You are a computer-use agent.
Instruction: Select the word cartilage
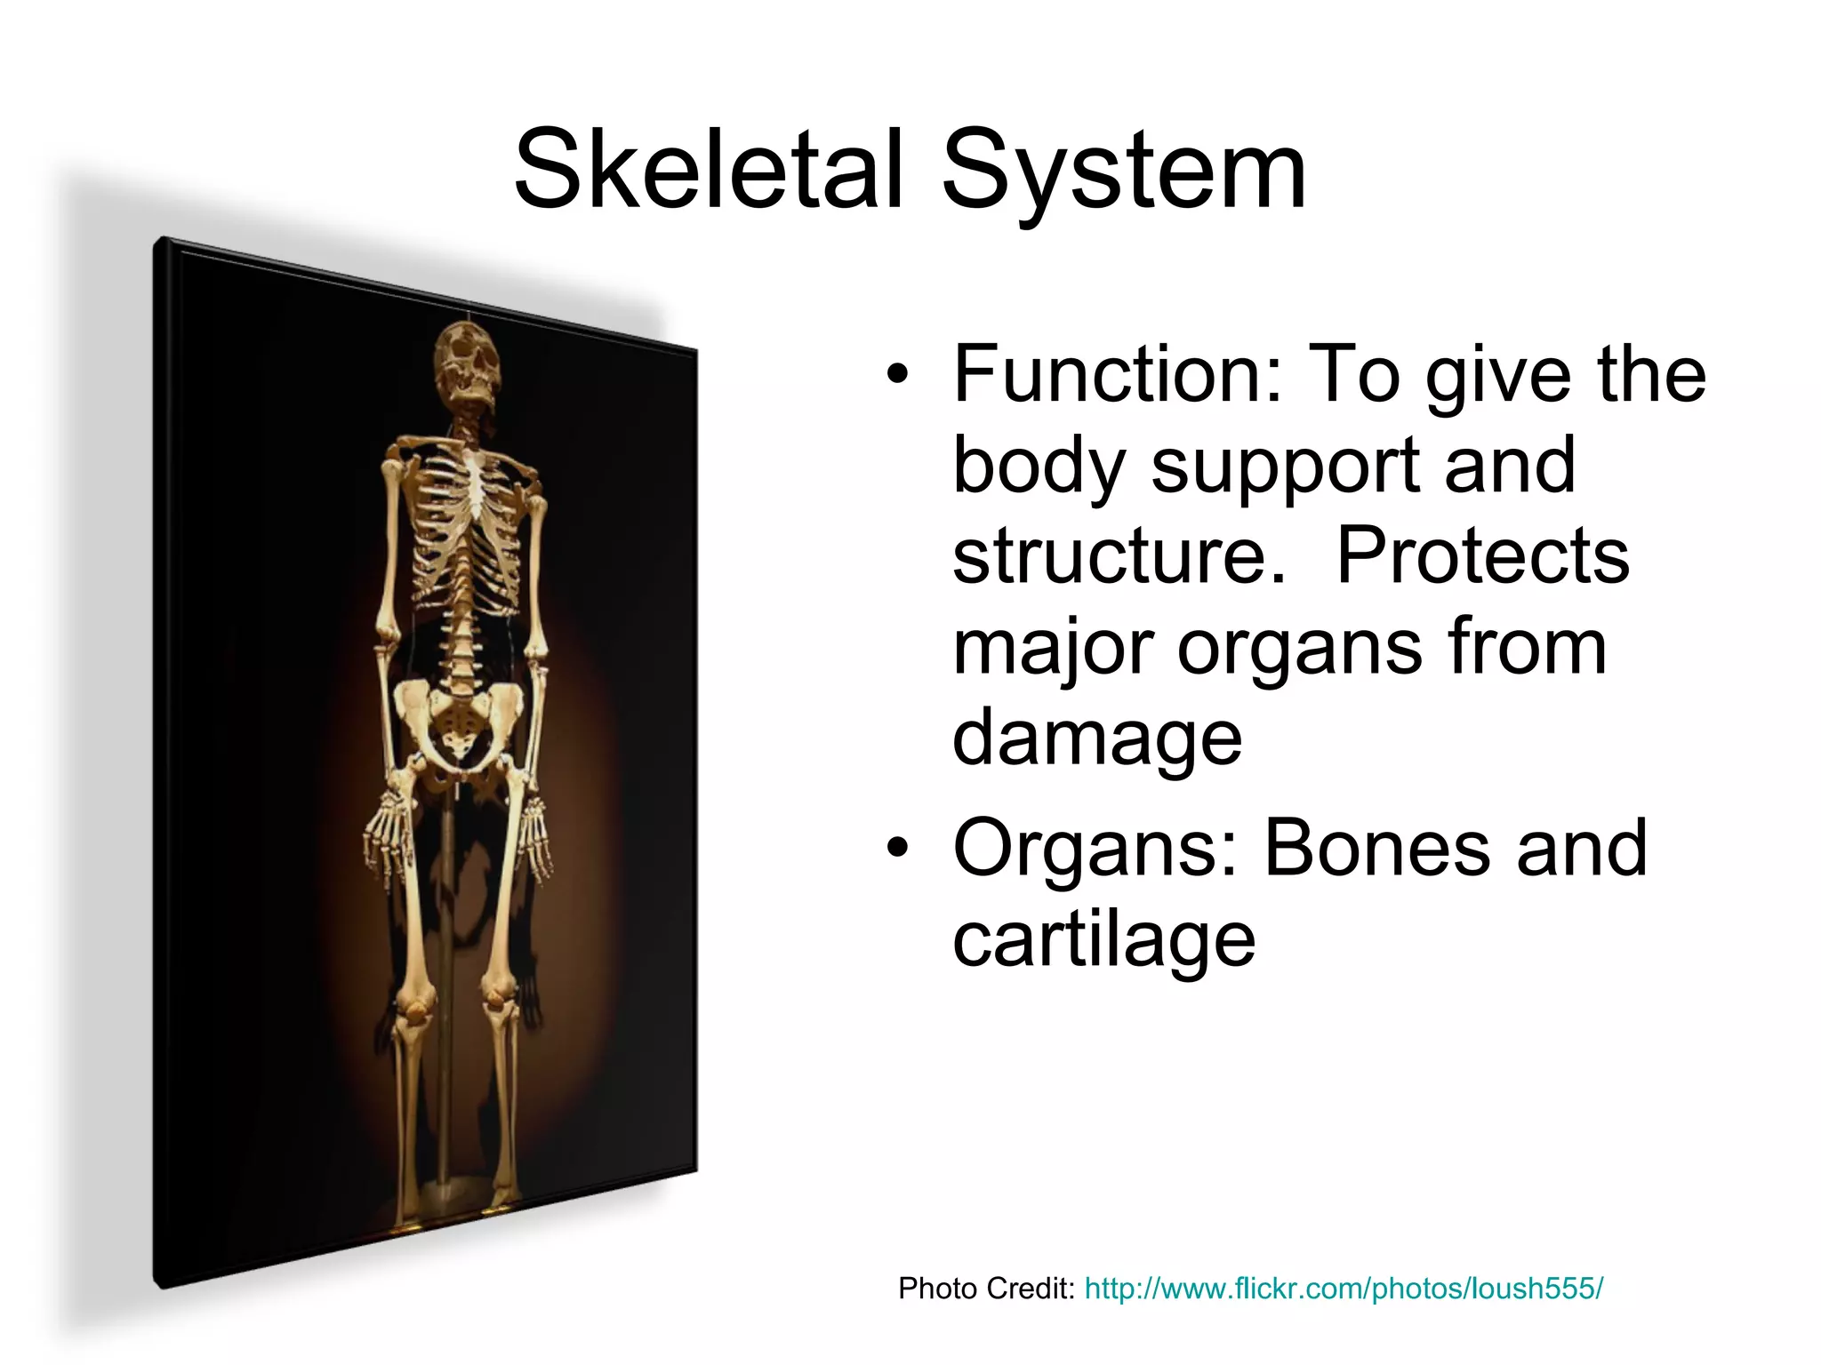(x=1103, y=940)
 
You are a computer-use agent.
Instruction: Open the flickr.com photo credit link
(x=1343, y=1288)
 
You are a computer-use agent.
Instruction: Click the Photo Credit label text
(x=986, y=1288)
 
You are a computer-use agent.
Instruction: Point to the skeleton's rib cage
(x=466, y=524)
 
